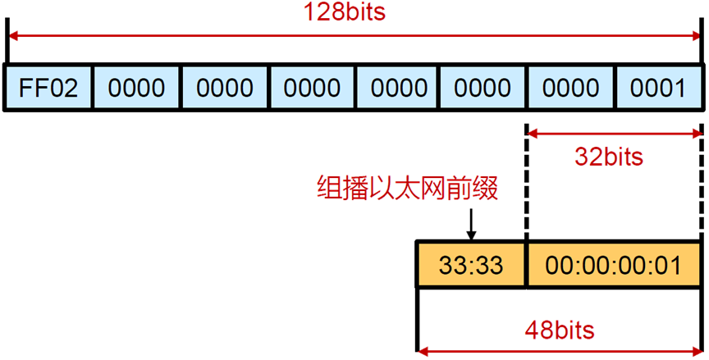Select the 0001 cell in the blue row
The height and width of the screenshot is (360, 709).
pos(658,88)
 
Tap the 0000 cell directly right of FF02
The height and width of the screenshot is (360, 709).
pos(136,88)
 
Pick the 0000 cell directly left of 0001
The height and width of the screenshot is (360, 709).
pos(569,88)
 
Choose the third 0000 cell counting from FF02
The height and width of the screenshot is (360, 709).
pos(312,88)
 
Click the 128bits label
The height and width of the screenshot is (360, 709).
pos(354,13)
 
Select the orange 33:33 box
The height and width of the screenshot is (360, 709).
pos(471,265)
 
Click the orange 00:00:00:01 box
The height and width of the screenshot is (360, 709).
pos(614,265)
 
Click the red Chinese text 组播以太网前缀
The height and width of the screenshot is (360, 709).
pos(407,189)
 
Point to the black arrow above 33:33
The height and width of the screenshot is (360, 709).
pos(472,223)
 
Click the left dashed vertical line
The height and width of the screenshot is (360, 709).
pos(526,180)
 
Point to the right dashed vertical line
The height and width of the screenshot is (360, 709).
pos(702,180)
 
